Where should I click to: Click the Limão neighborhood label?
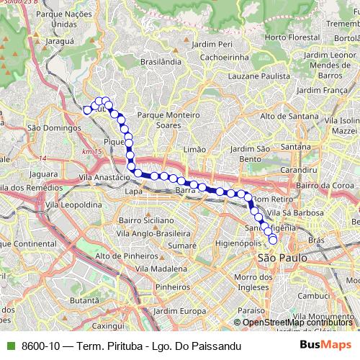(194, 148)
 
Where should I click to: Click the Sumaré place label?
(177, 246)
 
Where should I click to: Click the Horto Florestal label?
(292, 37)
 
